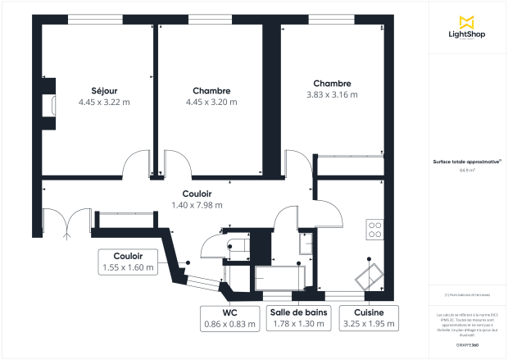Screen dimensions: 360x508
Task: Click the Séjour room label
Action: [104, 90]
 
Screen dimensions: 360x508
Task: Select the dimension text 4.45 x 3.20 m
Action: [211, 103]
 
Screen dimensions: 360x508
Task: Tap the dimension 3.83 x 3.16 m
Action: [331, 95]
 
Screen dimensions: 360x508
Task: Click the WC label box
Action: [229, 318]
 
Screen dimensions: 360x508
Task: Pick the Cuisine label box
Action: [370, 318]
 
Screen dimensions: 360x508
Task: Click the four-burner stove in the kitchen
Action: [376, 230]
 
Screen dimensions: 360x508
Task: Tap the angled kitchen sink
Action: [370, 275]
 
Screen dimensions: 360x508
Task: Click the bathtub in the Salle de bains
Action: [279, 278]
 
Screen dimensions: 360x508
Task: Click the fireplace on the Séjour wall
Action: [51, 105]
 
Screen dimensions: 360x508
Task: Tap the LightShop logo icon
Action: [467, 22]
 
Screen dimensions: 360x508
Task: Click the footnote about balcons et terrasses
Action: [467, 294]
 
